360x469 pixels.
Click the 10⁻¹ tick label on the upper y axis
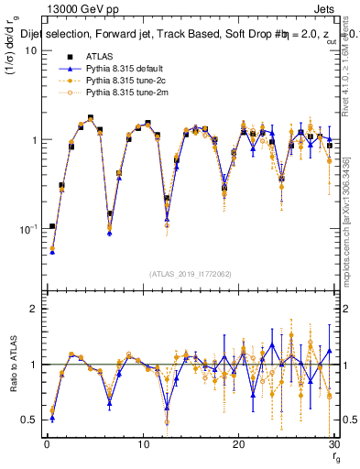coord(28,229)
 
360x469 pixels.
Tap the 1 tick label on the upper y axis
coord(34,140)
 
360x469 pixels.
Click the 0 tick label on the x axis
coord(47,444)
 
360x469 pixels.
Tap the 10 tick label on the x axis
coord(143,444)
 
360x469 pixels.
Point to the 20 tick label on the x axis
coord(239,444)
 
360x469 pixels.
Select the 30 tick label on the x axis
coord(335,444)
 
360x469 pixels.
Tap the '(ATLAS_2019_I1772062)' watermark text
coord(191,274)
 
